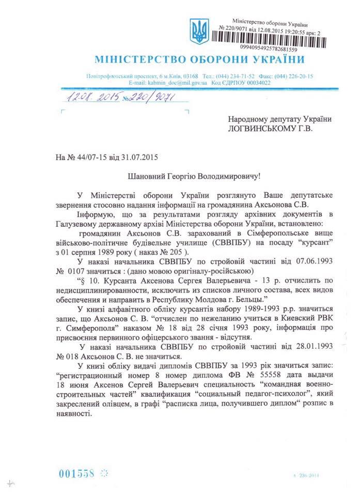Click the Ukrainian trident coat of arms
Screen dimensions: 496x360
[x=198, y=32]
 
